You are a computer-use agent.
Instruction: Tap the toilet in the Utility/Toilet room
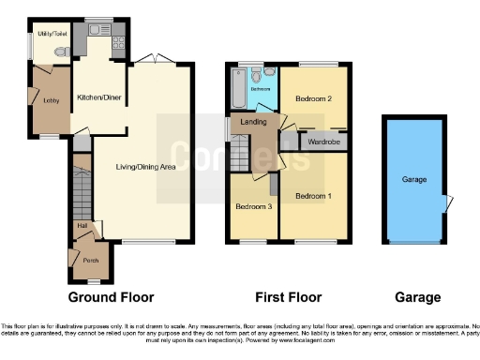pyautogui.click(x=61, y=53)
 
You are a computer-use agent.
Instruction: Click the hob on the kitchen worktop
pyautogui.click(x=117, y=42)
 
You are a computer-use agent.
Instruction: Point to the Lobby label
pyautogui.click(x=52, y=97)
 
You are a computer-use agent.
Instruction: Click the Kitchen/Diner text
pyautogui.click(x=100, y=97)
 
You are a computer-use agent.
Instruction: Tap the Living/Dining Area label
pyautogui.click(x=145, y=168)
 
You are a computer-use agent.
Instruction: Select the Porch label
pyautogui.click(x=91, y=260)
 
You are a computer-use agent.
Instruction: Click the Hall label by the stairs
pyautogui.click(x=81, y=226)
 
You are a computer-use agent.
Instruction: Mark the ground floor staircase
pyautogui.click(x=82, y=192)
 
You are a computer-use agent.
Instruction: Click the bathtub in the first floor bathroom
pyautogui.click(x=235, y=90)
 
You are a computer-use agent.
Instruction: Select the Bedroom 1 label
pyautogui.click(x=313, y=197)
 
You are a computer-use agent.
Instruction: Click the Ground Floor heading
pyautogui.click(x=111, y=297)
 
